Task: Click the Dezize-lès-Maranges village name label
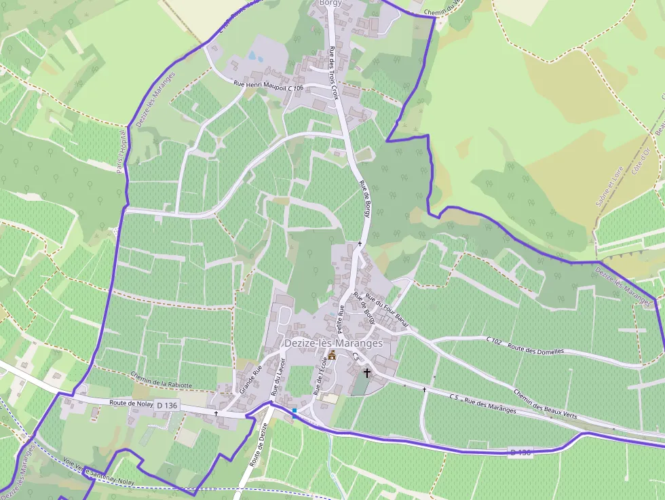pos(332,343)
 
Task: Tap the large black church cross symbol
pos(367,372)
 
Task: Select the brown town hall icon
pos(332,355)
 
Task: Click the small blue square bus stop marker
pos(294,410)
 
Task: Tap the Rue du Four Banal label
pos(387,311)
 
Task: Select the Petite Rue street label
pos(341,318)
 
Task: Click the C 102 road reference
pos(495,341)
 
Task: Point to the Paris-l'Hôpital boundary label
pos(122,151)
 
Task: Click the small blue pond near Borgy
pos(253,56)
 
